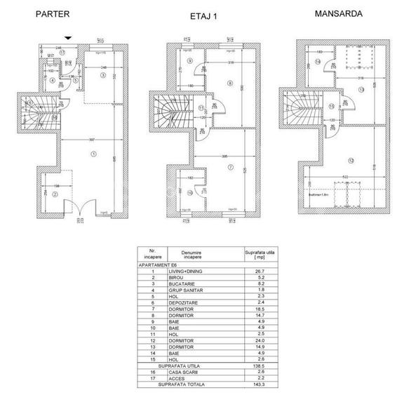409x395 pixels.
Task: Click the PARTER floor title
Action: click(x=53, y=13)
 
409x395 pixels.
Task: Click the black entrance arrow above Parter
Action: click(x=66, y=39)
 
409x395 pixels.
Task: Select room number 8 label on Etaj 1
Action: click(x=229, y=84)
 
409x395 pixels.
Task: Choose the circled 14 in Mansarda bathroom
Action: click(x=317, y=62)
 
